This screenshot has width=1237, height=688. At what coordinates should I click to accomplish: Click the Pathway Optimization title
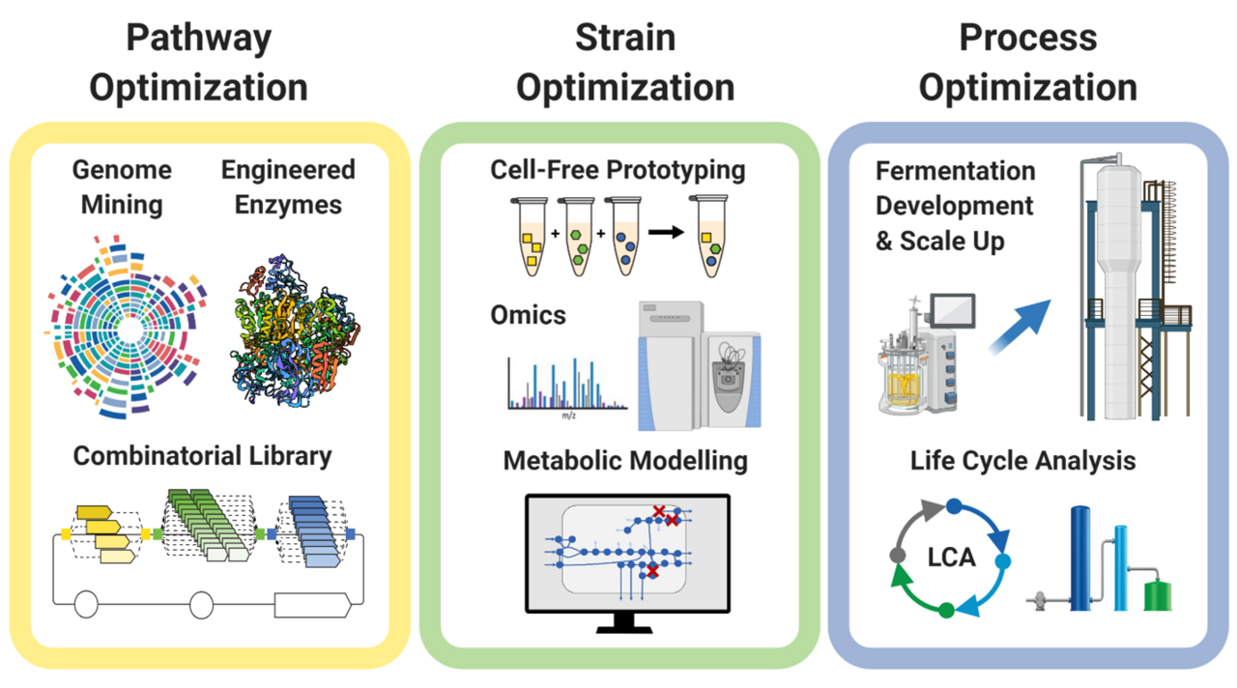coord(198,63)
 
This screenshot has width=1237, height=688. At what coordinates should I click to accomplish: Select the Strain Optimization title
coord(624,63)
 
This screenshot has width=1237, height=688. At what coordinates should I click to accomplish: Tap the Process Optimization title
coord(1027,63)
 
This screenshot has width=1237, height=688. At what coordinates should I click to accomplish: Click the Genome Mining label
coord(122,187)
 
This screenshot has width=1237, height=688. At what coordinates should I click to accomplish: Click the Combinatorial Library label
coord(203,455)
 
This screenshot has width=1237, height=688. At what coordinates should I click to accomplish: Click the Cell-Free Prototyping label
coord(618,170)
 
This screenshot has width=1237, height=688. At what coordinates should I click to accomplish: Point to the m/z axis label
coord(569,416)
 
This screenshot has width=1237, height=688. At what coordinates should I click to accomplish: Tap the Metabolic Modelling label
coord(625,460)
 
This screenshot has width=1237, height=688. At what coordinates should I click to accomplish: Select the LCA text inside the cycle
coord(952,558)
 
